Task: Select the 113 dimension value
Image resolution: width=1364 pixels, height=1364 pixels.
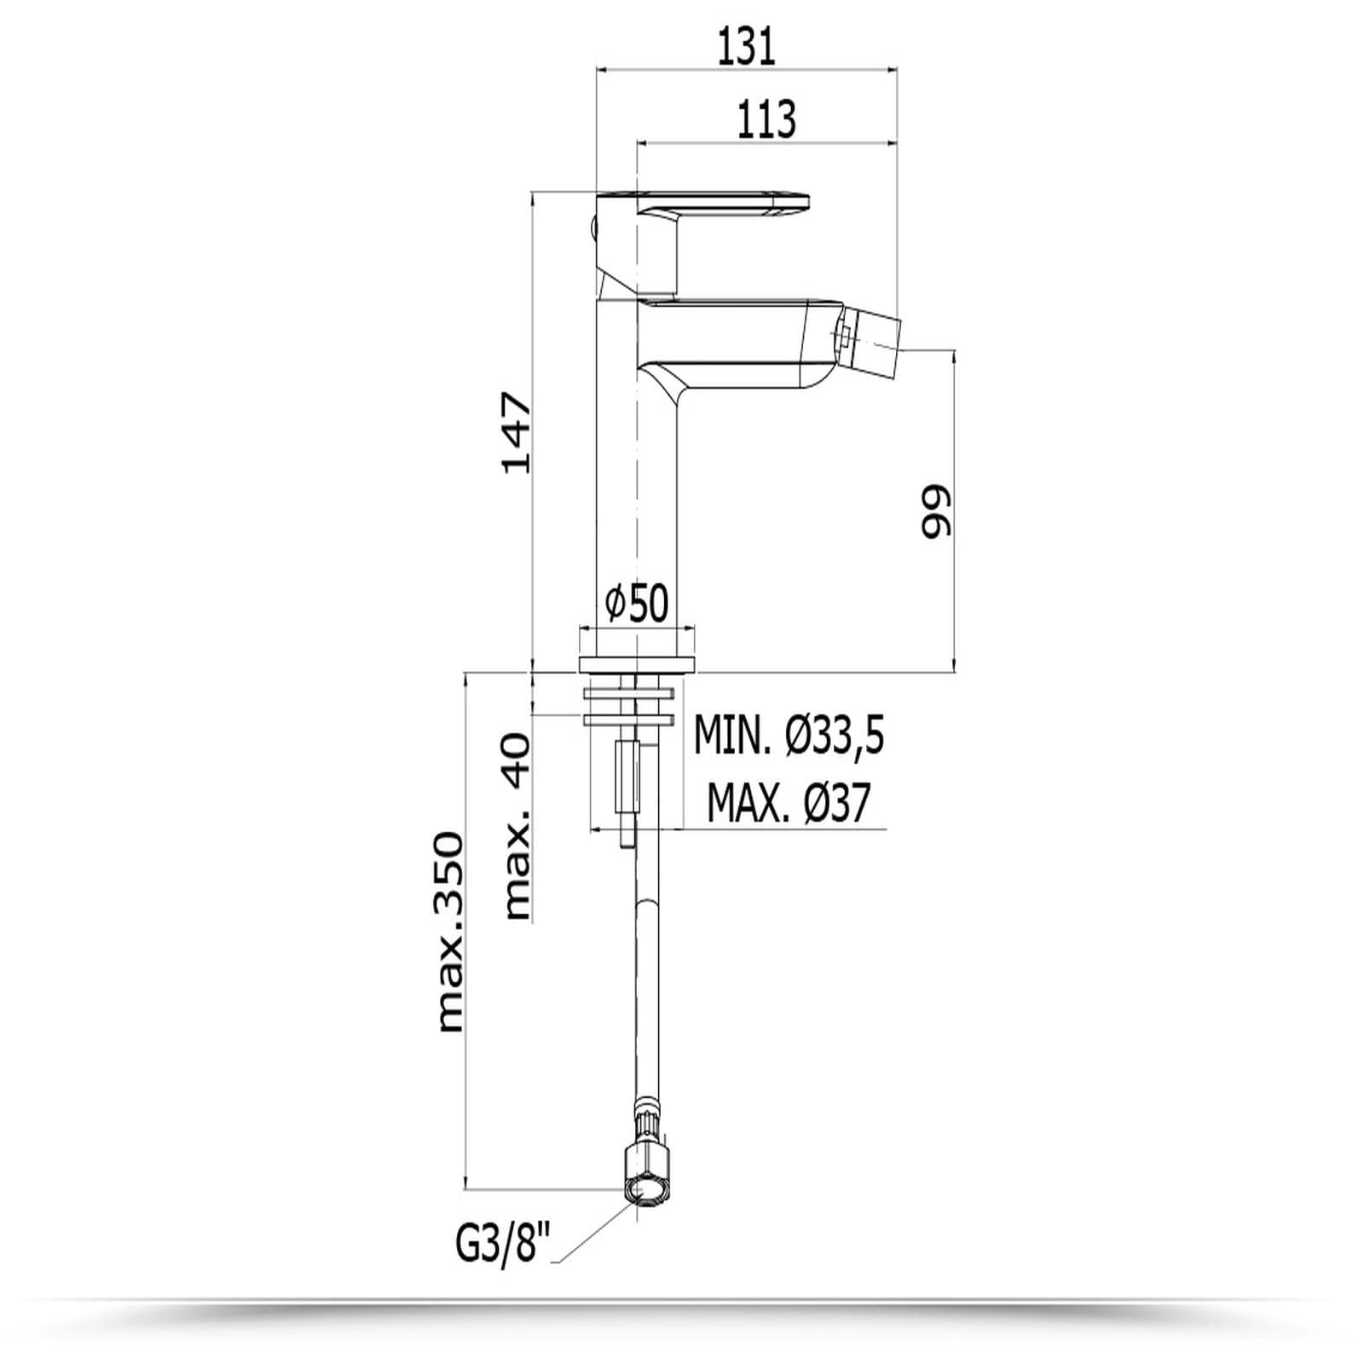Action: pos(766,118)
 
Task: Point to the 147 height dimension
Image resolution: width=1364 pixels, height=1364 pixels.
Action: pos(517,432)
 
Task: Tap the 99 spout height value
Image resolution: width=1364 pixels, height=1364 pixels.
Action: pos(935,512)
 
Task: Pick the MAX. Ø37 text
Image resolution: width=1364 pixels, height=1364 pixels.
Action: pos(789,802)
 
